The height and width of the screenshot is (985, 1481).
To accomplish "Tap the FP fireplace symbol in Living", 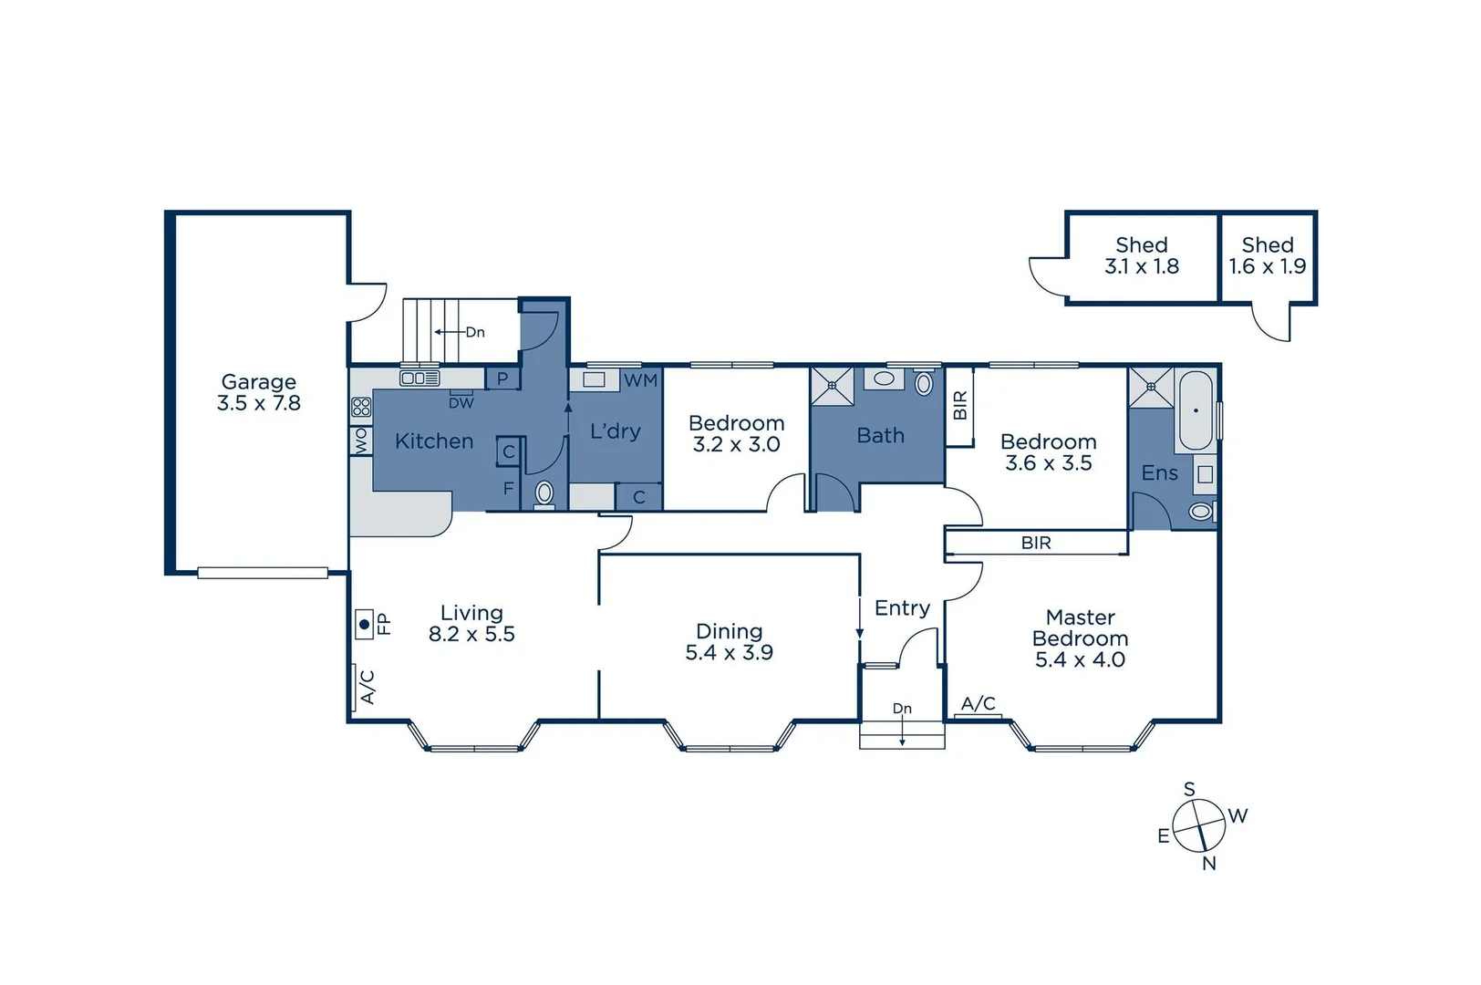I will click(365, 625).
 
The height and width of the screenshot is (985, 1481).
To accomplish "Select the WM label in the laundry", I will click(640, 380).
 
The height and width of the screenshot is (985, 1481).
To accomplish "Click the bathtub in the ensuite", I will click(1196, 410).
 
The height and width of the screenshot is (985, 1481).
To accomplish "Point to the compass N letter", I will click(1209, 863).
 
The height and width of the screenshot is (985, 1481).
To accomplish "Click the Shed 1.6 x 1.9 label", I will click(1268, 256).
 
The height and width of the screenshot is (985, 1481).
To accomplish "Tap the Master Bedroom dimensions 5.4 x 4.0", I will click(1080, 659).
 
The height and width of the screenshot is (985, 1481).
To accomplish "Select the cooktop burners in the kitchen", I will click(361, 408).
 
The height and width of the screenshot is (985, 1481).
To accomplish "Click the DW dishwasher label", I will click(461, 402).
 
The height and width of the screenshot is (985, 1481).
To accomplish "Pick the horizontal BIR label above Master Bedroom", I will click(1036, 543).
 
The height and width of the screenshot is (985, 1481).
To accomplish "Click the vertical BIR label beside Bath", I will click(959, 405).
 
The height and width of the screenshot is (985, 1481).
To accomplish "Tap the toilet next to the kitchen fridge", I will click(544, 493).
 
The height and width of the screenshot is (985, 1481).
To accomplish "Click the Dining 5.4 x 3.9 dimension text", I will click(730, 652).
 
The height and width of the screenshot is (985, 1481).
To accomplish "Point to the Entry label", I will click(902, 608).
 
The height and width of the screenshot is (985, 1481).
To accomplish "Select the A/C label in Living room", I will click(368, 687).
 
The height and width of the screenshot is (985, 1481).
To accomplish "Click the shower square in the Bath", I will click(832, 386).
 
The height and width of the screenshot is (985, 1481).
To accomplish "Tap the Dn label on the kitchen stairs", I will click(475, 332).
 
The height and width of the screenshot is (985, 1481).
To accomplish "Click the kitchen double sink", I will click(419, 378).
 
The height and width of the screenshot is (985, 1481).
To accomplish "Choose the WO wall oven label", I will click(361, 441).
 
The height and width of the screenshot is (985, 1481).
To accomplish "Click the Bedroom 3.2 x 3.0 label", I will click(736, 434).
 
